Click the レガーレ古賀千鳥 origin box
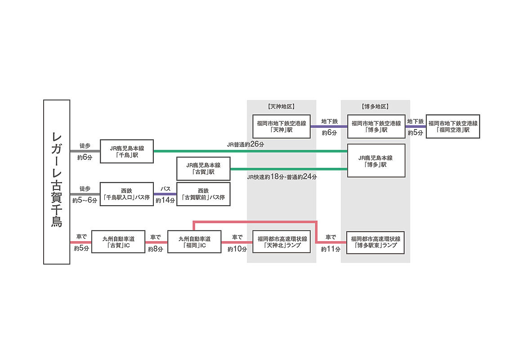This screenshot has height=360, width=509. pyautogui.click(x=57, y=182)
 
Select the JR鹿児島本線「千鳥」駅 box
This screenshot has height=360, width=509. pyautogui.click(x=127, y=151)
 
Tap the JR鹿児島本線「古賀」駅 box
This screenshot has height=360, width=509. pyautogui.click(x=203, y=168)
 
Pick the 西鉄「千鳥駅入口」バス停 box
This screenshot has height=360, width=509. pyautogui.click(x=127, y=194)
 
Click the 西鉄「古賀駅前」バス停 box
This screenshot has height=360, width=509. pyautogui.click(x=203, y=194)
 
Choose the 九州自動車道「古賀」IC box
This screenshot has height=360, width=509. pyautogui.click(x=118, y=242)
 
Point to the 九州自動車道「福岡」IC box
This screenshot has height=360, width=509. pyautogui.click(x=194, y=242)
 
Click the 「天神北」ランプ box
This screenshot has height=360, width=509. pyautogui.click(x=281, y=242)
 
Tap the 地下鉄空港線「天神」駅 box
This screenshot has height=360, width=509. pyautogui.click(x=281, y=126)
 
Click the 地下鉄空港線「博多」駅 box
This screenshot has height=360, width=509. pyautogui.click(x=376, y=126)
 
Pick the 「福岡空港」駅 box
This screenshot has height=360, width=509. pyautogui.click(x=453, y=126)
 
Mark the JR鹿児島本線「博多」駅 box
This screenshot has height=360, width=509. pyautogui.click(x=376, y=161)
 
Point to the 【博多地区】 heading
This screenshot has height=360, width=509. pyautogui.click(x=375, y=107)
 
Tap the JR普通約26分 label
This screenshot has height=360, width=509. pyautogui.click(x=246, y=144)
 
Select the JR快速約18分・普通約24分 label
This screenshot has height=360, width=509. pyautogui.click(x=282, y=177)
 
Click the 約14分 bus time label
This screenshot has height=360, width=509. pyautogui.click(x=165, y=201)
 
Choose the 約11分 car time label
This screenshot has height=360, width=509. pyautogui.click(x=330, y=249)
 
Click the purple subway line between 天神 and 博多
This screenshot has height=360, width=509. pyautogui.click(x=329, y=126)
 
